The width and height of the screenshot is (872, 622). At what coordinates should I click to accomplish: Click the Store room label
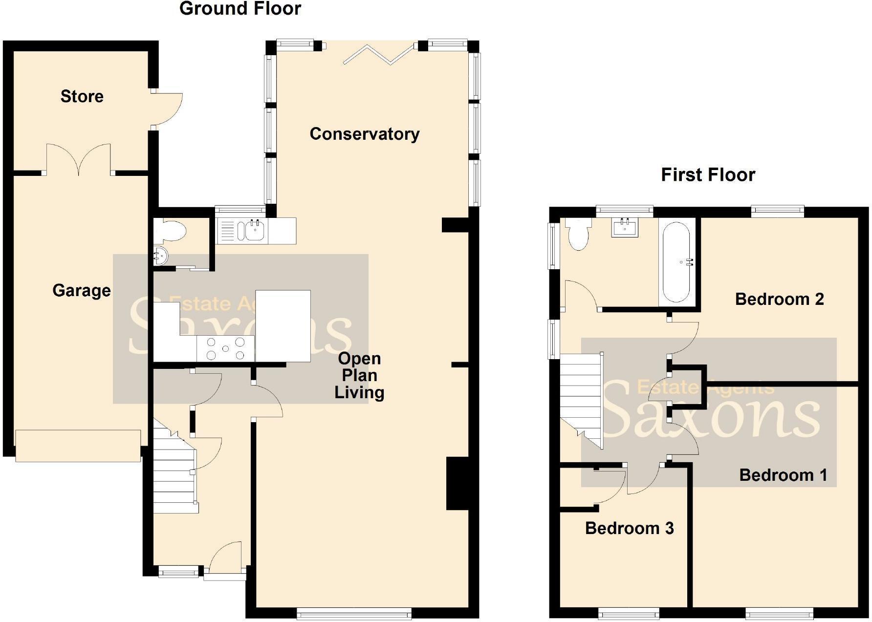[x=82, y=96]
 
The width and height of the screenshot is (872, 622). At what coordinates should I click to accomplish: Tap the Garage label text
[x=81, y=290]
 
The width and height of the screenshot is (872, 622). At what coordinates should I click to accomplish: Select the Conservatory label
[x=364, y=134]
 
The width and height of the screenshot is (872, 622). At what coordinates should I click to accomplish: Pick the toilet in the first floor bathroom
[x=578, y=234]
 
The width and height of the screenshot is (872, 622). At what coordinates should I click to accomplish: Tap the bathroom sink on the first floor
[x=625, y=228]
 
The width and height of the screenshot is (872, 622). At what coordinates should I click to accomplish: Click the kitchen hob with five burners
[x=225, y=348]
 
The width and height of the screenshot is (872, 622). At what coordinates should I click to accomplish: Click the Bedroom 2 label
[x=779, y=299]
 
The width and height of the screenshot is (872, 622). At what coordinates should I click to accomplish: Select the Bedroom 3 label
[x=629, y=528]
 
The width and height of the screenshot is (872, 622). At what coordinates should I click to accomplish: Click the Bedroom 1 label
[x=783, y=475]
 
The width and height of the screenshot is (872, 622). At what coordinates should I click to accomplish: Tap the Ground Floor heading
[x=240, y=9]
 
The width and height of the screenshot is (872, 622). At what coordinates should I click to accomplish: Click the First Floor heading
[x=708, y=175]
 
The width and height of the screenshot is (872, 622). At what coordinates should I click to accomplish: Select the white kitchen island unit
[x=283, y=326]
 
